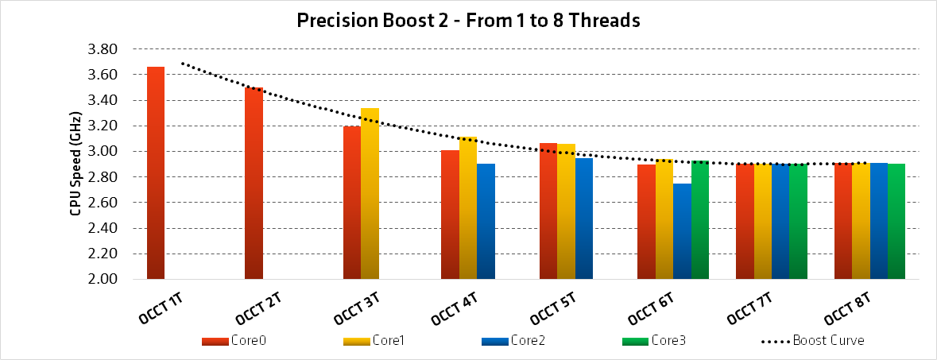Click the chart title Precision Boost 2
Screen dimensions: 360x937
tap(468, 21)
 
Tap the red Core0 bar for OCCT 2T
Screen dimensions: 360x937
tap(254, 183)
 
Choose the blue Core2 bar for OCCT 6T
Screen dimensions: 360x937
tap(682, 231)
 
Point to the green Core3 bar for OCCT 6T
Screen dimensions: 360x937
tap(700, 219)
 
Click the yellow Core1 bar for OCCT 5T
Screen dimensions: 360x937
tap(566, 211)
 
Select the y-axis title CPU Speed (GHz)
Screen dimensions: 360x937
tap(76, 164)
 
